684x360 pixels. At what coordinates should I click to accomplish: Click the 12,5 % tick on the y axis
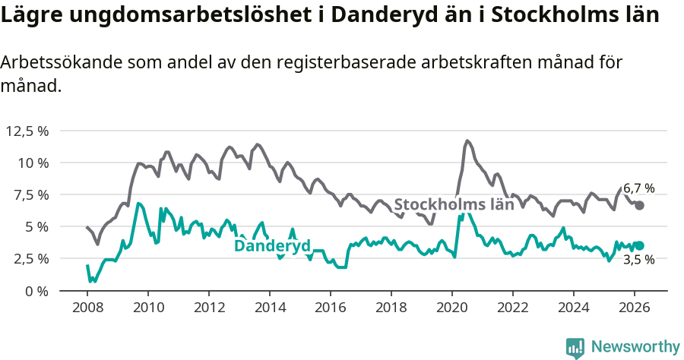pos(27,131)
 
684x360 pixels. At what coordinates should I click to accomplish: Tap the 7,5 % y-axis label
pos(30,194)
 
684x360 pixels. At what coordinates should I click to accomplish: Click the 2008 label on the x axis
pos(87,308)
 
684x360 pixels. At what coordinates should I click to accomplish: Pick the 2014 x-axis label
pos(269,308)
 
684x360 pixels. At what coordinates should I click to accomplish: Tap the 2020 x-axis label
pos(452,308)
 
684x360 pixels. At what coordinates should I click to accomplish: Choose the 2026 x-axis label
pos(635,308)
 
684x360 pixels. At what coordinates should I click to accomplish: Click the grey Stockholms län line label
pos(454,204)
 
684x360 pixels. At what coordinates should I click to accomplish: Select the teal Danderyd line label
pos(272,246)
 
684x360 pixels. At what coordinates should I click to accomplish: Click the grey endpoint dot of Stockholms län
pos(640,205)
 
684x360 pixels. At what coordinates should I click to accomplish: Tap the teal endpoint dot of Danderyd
pos(640,245)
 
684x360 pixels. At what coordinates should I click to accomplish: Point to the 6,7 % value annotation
pos(638,188)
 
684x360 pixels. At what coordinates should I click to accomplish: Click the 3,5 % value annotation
pos(638,260)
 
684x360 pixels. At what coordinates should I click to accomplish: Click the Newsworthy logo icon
pos(575,348)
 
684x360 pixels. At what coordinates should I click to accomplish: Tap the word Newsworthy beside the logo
pos(635,347)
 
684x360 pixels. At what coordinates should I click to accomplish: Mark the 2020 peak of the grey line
pos(467,141)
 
